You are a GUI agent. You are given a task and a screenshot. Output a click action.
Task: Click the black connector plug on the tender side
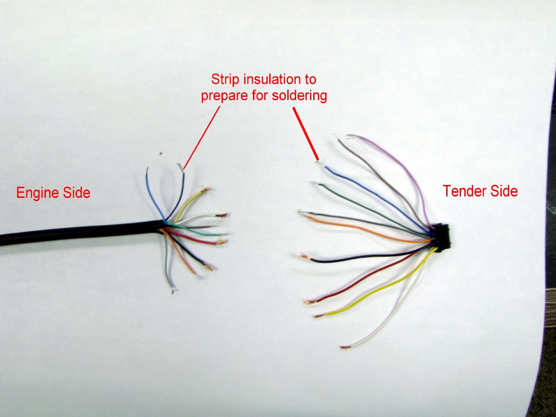point(442,237)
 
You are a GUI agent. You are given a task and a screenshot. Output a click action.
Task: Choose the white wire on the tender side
point(394,315)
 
